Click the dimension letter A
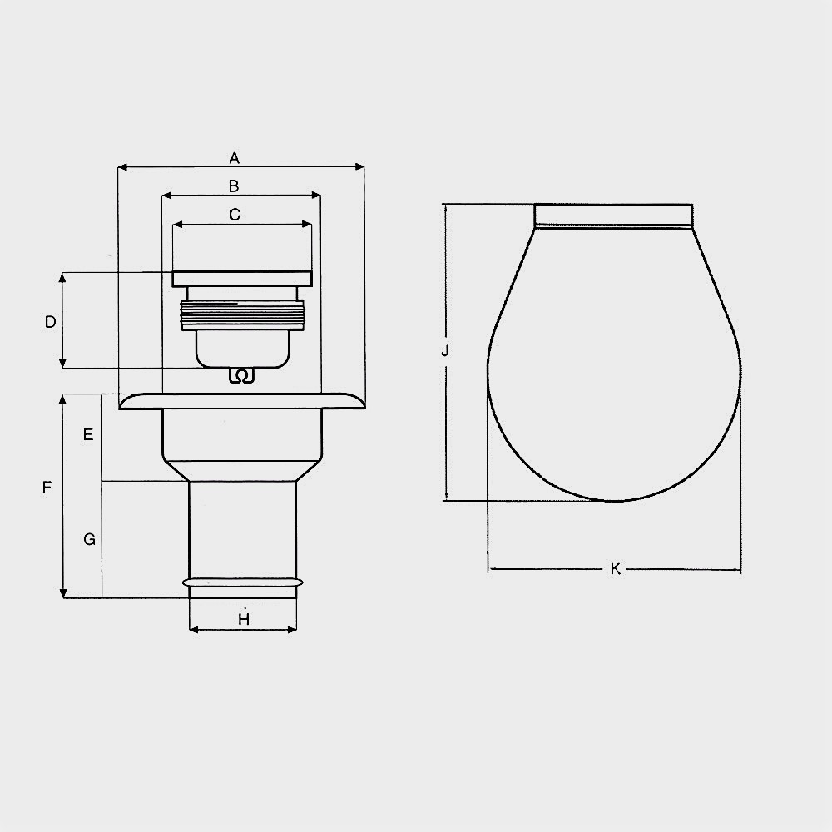(234, 158)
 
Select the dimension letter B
(234, 186)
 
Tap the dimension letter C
(235, 215)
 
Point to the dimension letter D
(51, 321)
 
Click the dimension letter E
(89, 434)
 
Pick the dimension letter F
(47, 487)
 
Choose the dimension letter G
(90, 539)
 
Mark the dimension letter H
(244, 619)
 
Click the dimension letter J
(445, 351)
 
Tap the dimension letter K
(616, 569)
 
